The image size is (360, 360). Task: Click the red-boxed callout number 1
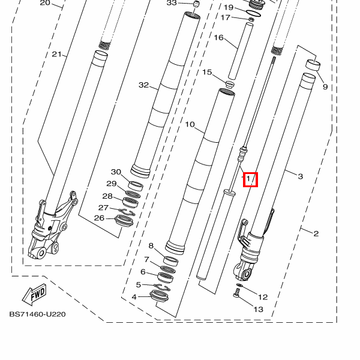coord(249,179)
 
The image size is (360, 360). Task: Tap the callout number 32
coord(143,85)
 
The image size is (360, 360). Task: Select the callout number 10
coord(190,125)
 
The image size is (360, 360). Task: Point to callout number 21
coord(57,55)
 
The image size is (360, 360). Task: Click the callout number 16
coord(218,38)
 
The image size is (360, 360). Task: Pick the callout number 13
coord(258,310)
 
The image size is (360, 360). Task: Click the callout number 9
coord(325,87)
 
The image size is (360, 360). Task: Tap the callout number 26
coord(99,218)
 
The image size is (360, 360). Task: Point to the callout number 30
coord(116,172)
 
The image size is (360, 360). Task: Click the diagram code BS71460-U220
coord(37,314)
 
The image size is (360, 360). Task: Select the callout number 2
coord(316,233)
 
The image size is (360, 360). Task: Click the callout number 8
coord(151,246)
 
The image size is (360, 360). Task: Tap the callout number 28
coord(107,196)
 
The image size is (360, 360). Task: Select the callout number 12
coord(262,296)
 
